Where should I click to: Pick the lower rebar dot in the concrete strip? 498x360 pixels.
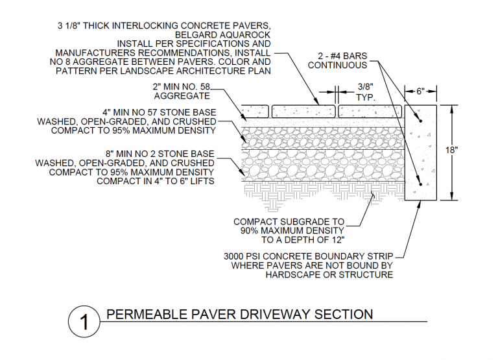tap(420, 185)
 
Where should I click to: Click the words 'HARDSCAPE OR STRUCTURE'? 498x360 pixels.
tap(329, 274)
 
